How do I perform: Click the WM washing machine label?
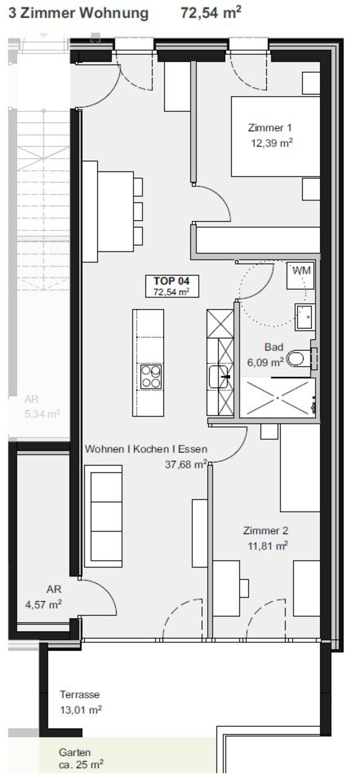[301, 270]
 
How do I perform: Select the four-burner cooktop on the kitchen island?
[151, 377]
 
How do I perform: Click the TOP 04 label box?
[172, 286]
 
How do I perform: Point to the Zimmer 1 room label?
[270, 128]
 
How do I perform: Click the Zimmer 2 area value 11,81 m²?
[268, 545]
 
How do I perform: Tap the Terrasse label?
[80, 694]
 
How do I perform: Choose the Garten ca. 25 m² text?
[81, 758]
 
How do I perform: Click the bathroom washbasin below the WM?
[305, 317]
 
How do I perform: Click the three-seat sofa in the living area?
[104, 516]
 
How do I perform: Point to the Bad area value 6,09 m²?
[265, 362]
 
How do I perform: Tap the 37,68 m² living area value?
[186, 464]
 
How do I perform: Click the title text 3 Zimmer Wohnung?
[78, 13]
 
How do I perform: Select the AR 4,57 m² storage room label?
[44, 597]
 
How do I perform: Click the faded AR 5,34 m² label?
[42, 406]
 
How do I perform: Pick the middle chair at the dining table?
[138, 211]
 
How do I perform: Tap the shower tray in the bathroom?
[278, 398]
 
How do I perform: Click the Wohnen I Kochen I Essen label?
[147, 449]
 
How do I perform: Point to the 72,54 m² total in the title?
[211, 13]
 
